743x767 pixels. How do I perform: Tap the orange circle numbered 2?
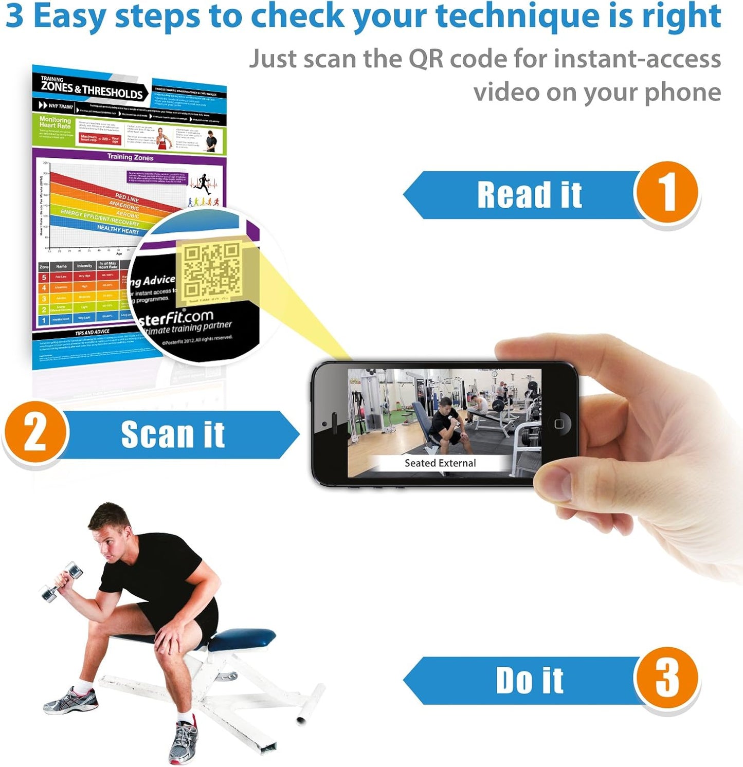pos(35,433)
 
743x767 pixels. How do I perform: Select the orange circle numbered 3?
pos(666,679)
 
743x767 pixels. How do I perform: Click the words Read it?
pos(529,195)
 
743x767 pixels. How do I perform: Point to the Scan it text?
pos(173,435)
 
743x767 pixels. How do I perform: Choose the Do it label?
pos(529,681)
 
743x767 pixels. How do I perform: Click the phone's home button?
pos(559,424)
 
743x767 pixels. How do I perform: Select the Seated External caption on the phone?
pos(440,463)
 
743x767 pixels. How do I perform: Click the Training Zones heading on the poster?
pos(130,157)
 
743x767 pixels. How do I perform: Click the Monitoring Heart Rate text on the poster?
pos(55,122)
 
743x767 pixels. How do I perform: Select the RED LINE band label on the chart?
pos(127,197)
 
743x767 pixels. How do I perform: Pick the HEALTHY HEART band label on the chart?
pos(118,230)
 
